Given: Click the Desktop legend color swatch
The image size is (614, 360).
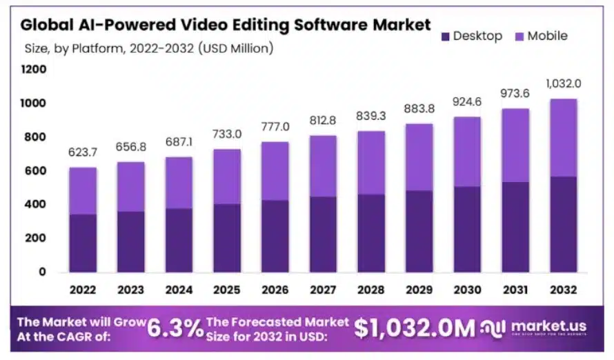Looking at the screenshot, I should pyautogui.click(x=446, y=36).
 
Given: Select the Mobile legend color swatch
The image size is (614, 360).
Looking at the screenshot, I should pyautogui.click(x=519, y=36).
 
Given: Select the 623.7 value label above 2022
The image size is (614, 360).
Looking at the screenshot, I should pyautogui.click(x=82, y=152).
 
